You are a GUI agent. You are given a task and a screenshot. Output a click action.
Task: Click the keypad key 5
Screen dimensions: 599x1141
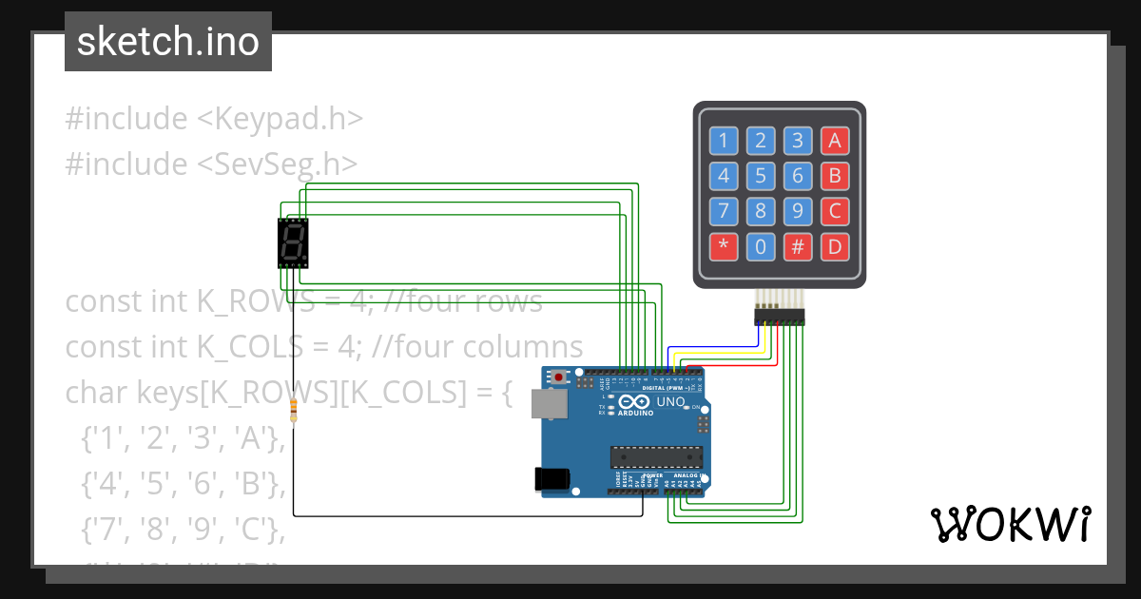(x=761, y=176)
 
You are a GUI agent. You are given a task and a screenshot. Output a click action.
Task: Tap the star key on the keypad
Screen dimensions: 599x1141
(x=723, y=247)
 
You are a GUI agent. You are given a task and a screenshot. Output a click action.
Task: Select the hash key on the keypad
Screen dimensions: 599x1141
(x=798, y=247)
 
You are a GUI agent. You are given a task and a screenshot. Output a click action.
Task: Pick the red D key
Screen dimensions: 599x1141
(x=835, y=247)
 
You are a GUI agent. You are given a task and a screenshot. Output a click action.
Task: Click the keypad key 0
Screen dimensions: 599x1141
(x=761, y=247)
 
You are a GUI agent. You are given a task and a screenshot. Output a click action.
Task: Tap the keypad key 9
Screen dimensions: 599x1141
(x=798, y=211)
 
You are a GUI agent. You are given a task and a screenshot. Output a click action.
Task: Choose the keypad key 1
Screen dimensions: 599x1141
(x=723, y=142)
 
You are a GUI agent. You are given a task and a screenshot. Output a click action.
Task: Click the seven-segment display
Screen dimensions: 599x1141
(x=293, y=243)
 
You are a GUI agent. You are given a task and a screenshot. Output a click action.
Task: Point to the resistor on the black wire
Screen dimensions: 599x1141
(x=293, y=411)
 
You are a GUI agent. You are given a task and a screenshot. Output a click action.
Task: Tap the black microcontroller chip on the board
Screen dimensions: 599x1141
(x=656, y=456)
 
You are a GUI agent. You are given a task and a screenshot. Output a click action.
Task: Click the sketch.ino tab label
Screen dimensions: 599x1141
(x=168, y=42)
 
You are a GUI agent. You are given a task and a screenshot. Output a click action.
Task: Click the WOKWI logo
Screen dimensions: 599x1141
(x=1010, y=525)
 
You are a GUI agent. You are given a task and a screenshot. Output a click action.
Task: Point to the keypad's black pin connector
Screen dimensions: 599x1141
(x=779, y=315)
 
